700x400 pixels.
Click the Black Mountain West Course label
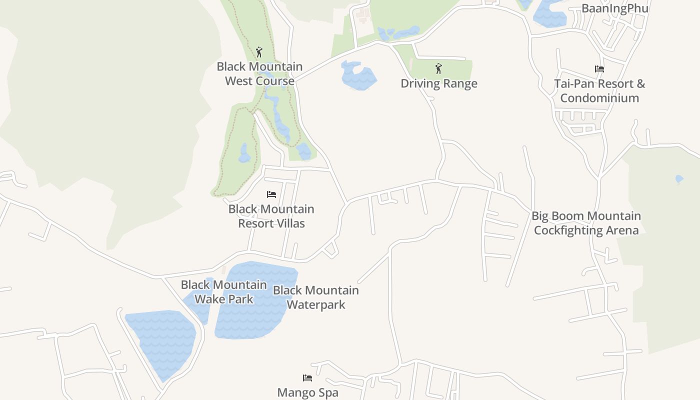[259, 73]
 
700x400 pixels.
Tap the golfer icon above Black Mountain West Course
[259, 52]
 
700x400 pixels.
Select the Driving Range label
[439, 83]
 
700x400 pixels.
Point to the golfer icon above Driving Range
[439, 68]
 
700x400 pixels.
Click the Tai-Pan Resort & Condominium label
[599, 90]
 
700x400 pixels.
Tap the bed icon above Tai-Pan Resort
[599, 69]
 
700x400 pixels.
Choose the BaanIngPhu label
[614, 8]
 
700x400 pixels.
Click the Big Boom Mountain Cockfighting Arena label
[586, 223]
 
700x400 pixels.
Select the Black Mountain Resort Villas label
[271, 216]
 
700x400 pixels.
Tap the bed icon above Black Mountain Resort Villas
[271, 194]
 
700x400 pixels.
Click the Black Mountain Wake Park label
[223, 291]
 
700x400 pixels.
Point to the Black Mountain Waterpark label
[315, 297]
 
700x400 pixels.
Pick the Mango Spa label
[307, 392]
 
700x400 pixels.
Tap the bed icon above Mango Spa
[307, 378]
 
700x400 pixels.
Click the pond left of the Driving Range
[358, 76]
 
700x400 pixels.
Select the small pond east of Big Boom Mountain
[679, 178]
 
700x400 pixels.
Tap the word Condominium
[599, 98]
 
